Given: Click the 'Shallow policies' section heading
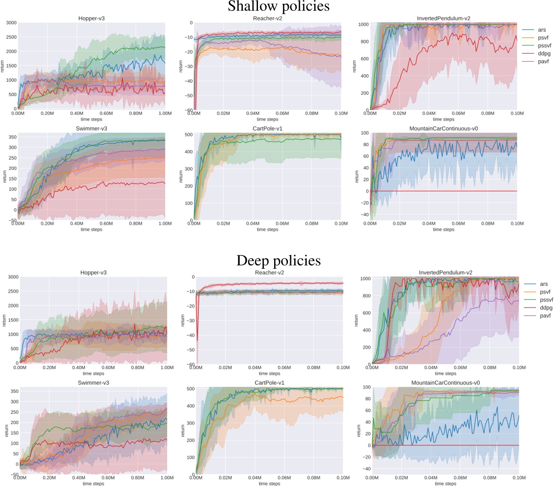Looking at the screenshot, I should tap(279, 7).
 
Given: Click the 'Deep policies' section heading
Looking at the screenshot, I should tap(279, 260).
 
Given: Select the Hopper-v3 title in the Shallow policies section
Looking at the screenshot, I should tap(91, 18).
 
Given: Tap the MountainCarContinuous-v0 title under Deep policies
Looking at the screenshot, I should tap(445, 383).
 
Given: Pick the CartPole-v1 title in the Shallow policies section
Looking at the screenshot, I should tap(267, 129).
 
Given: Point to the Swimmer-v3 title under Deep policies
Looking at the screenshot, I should tap(93, 383).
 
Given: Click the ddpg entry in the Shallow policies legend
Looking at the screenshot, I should tap(544, 54).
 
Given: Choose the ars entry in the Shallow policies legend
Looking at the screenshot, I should tap(542, 30).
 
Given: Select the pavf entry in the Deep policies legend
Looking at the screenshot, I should tap(546, 316).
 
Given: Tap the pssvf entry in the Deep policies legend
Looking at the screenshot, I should tap(546, 300).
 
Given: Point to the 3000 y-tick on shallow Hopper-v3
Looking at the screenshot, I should tap(11, 23).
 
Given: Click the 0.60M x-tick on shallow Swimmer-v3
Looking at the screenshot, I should tap(106, 224).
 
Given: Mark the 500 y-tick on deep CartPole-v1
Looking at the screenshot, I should tap(191, 389).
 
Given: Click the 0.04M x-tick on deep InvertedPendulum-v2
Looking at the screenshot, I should tap(431, 368).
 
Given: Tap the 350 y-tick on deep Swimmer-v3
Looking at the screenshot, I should tap(14, 391).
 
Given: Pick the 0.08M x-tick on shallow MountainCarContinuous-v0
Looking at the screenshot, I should tap(487, 224).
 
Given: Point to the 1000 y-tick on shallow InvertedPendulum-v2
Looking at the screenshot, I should tap(364, 25).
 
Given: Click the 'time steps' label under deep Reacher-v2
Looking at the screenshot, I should tap(269, 373).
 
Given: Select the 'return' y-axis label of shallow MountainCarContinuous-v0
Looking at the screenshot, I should tap(357, 177).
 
